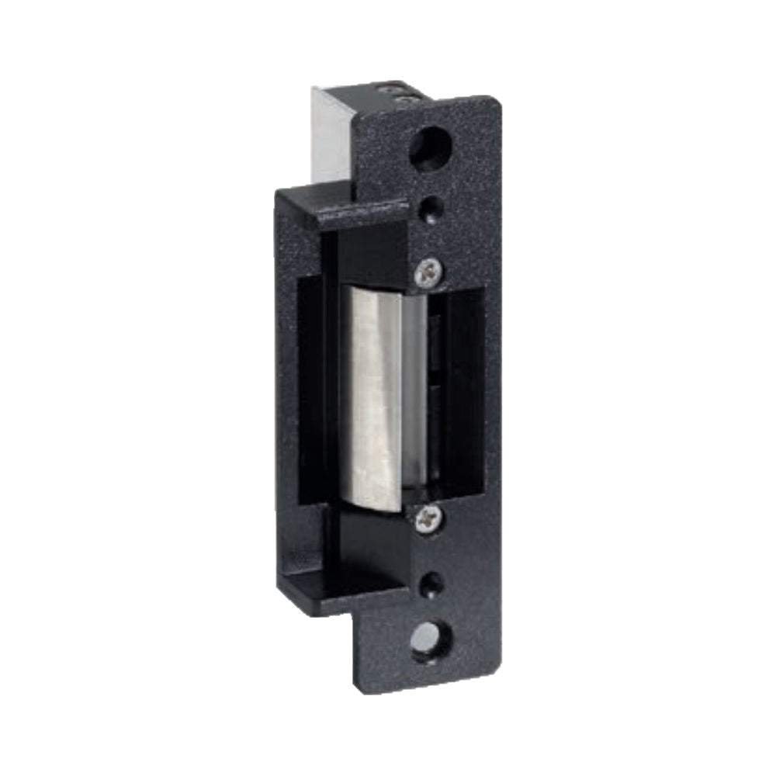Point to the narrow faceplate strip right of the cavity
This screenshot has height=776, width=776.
pos(492,388)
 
